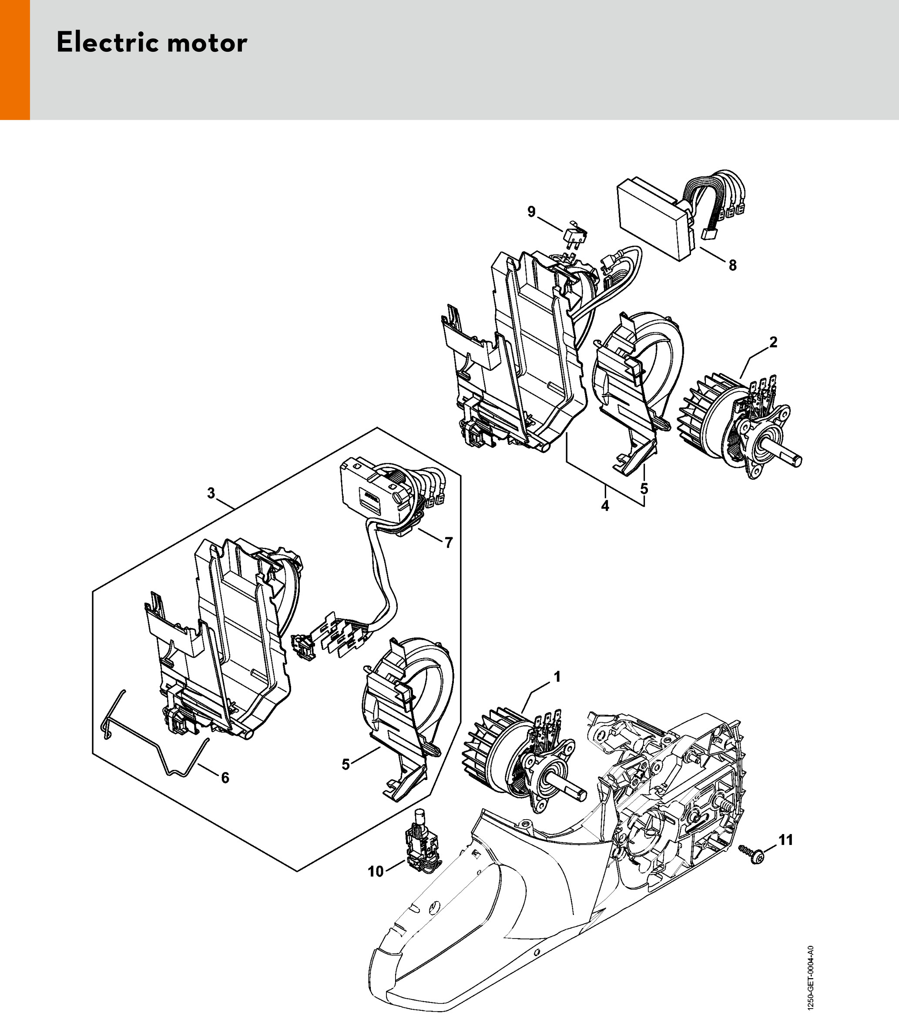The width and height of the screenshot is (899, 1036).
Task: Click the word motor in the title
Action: [207, 43]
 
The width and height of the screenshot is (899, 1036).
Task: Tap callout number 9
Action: [532, 212]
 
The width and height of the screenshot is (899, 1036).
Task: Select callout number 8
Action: [732, 266]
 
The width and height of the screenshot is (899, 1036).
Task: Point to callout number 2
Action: [773, 342]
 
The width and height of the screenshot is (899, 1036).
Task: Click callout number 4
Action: [605, 506]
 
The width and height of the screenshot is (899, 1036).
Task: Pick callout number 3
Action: [211, 493]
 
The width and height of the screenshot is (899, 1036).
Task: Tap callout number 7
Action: [449, 543]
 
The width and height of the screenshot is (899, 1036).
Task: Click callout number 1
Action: [557, 677]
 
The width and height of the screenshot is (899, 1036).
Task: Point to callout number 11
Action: [785, 840]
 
